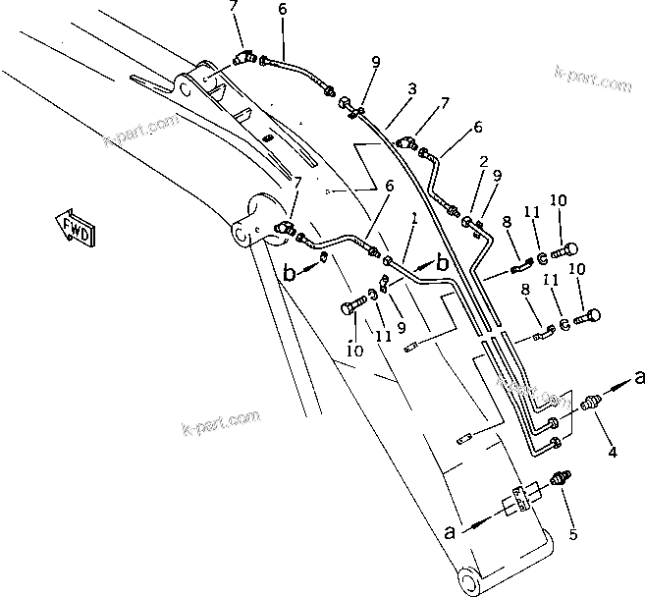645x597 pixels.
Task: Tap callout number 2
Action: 484,160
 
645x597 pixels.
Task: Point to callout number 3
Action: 412,89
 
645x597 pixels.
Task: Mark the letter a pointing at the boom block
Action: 451,533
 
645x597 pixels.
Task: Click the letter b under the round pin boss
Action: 290,274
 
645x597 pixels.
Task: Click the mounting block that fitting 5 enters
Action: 519,503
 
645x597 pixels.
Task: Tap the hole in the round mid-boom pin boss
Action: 240,233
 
